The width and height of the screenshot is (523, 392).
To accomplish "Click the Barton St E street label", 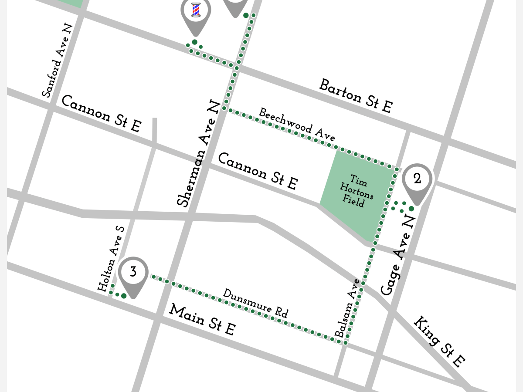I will (356, 96).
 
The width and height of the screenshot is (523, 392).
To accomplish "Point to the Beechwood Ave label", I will (297, 125).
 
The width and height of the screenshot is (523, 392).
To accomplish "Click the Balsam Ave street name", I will (348, 308).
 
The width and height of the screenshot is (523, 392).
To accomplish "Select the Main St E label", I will (203, 320).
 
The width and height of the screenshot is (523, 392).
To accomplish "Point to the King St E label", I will (439, 341).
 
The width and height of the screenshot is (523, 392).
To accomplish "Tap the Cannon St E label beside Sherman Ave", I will (258, 171).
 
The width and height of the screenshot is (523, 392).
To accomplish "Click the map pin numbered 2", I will (417, 179).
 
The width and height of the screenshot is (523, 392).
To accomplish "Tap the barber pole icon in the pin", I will (196, 10).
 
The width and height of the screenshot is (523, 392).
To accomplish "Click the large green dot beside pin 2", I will (411, 209).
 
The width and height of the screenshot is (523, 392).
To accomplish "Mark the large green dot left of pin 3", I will (124, 296).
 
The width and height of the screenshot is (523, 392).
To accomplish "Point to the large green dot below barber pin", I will (195, 42).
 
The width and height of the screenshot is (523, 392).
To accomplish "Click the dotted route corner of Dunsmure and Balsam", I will (345, 343).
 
